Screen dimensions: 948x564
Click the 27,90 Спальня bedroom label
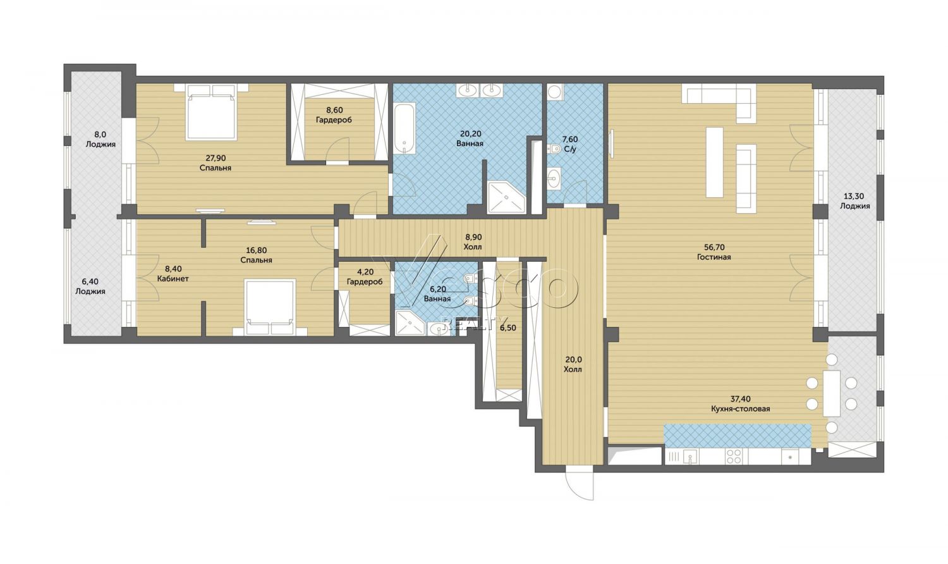[x=216, y=163]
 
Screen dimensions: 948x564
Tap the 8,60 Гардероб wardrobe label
[x=334, y=115]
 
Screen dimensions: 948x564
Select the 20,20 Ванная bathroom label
[x=470, y=138]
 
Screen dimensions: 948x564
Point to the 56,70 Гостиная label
[x=714, y=252]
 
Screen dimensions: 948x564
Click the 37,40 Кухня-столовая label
[x=741, y=404]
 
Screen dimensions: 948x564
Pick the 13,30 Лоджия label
[x=854, y=201]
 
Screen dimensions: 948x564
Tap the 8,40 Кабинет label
[x=173, y=274]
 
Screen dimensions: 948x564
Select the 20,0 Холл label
[x=573, y=364]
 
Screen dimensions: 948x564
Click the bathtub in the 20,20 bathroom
[x=405, y=129]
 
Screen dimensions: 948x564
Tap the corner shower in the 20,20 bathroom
[x=507, y=197]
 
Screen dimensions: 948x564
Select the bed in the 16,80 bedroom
[x=270, y=307]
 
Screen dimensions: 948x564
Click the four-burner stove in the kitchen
[x=734, y=457]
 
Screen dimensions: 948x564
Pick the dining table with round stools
[x=832, y=393]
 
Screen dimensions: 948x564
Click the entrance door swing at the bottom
[x=580, y=482]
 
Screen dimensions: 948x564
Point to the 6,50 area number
[x=508, y=328]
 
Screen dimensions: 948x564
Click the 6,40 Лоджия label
[x=90, y=286]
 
